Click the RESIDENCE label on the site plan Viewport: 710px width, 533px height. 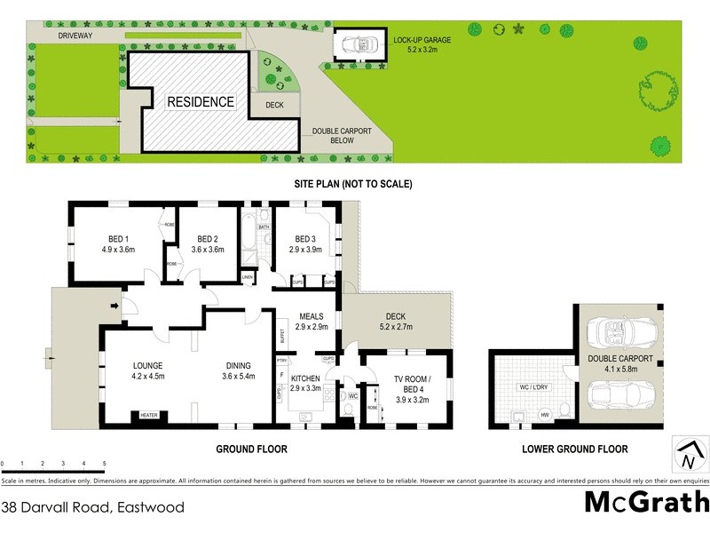coord(202,102)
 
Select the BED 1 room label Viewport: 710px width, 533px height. coord(119,239)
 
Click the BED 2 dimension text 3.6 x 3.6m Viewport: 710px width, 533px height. coord(209,251)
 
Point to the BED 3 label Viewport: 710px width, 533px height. coord(304,239)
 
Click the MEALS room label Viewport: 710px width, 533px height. coord(311,316)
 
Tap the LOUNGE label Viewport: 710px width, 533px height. coord(147,365)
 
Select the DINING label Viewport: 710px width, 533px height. coord(237,365)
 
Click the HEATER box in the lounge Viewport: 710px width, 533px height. coord(147,415)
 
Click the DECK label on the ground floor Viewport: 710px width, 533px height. coord(395,316)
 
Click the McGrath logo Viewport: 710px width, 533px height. coord(645,503)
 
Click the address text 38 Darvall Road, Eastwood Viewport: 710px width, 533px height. coord(93,508)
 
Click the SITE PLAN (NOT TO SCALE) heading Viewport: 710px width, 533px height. coord(354,185)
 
